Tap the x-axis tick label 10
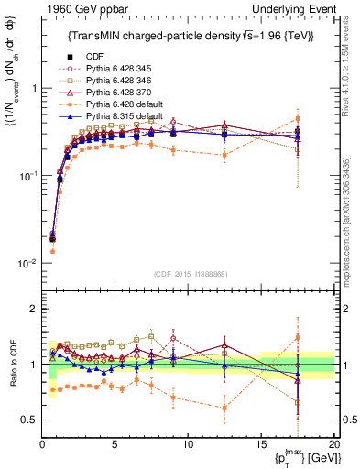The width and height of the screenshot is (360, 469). point(188,443)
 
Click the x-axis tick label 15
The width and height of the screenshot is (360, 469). point(261,443)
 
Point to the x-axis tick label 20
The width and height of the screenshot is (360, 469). point(333,443)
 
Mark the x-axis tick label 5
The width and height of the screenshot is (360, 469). point(115,443)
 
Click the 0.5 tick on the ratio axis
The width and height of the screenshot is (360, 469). point(29,420)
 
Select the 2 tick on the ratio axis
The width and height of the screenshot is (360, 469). point(33,309)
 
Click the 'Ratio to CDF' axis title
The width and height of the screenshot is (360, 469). point(12,365)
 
